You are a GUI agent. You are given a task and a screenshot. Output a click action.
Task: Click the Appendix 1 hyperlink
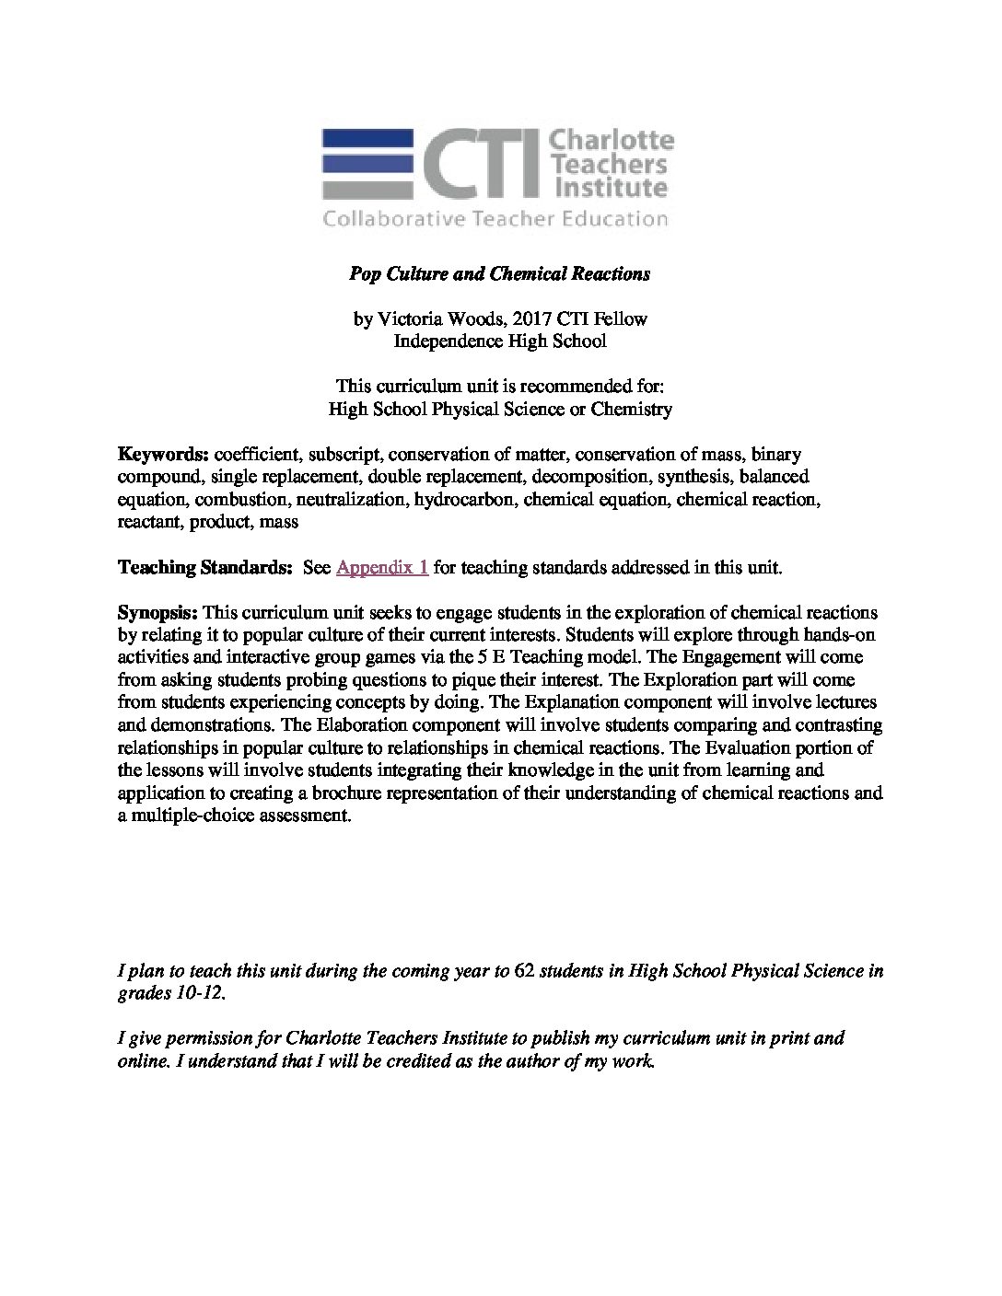[x=382, y=568]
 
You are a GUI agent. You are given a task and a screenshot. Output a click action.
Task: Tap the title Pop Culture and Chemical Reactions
[x=500, y=273]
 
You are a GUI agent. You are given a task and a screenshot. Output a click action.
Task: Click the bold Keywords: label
[x=164, y=455]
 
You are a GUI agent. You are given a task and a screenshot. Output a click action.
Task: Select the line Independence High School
[x=500, y=341]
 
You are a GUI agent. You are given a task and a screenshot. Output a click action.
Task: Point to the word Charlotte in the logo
[x=612, y=143]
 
